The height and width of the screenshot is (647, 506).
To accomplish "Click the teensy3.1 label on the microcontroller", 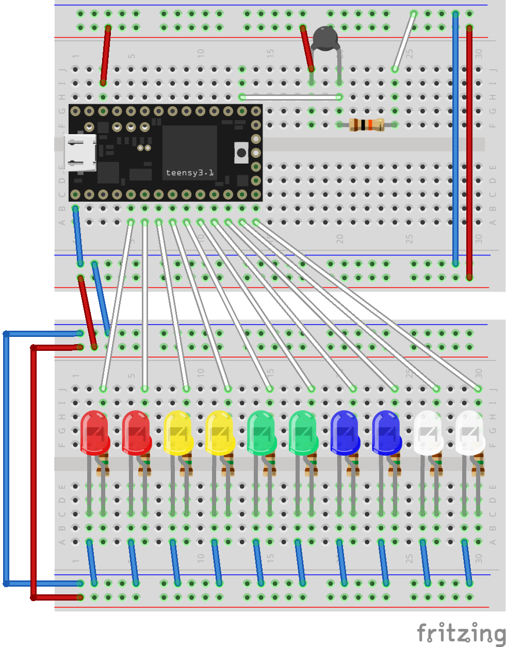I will pos(189,173).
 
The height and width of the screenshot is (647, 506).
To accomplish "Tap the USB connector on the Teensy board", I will pos(79,152).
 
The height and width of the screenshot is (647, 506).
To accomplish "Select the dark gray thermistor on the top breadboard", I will pos(325,38).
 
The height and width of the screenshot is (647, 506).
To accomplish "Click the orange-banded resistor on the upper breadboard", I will pos(366,124).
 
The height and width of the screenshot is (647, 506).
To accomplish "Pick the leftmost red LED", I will pos(94,432).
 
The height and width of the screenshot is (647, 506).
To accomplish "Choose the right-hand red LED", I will pos(136,432).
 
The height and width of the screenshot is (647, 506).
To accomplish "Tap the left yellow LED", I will pos(178,432).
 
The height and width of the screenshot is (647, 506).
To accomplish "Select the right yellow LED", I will pos(220,432).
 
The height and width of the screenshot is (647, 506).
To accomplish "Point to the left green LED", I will pos(262,432).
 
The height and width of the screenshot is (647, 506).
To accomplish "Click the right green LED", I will pos(303,432).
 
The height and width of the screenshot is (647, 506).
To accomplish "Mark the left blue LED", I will pos(345,432).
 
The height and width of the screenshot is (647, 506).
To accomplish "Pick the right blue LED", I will pos(386,432).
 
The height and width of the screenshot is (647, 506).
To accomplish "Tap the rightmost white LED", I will pos(470,432).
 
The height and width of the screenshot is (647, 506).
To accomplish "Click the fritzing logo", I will pos(461,633).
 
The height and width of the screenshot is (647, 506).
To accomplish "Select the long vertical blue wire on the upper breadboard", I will pos(455,139).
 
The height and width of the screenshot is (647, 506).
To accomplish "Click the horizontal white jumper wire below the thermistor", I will pos(290,97).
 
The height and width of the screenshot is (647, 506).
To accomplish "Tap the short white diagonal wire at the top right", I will pos(404,41).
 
